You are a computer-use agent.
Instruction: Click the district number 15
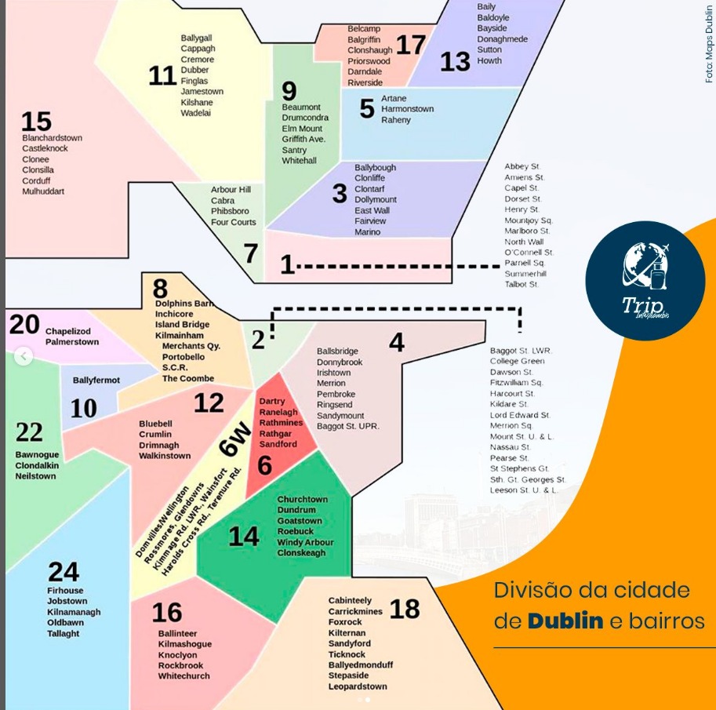point(36,122)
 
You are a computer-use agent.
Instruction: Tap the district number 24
point(64,571)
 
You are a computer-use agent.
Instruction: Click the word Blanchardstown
point(52,138)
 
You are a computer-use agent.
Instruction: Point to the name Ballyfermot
point(96,380)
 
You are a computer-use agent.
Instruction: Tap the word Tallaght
point(63,634)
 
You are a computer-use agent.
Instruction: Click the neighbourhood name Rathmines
point(280,423)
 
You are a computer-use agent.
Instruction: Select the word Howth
point(489,60)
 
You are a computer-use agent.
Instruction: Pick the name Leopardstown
point(358,686)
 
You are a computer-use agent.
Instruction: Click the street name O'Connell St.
point(529,253)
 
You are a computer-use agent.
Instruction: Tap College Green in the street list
point(517,361)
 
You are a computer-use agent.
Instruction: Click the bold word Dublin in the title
point(565,621)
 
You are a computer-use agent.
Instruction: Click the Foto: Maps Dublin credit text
point(709,43)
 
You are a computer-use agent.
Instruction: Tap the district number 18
point(405,608)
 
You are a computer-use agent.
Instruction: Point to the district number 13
point(455,62)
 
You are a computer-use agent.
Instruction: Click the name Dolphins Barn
point(184,304)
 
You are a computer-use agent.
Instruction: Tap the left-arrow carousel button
point(24,357)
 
